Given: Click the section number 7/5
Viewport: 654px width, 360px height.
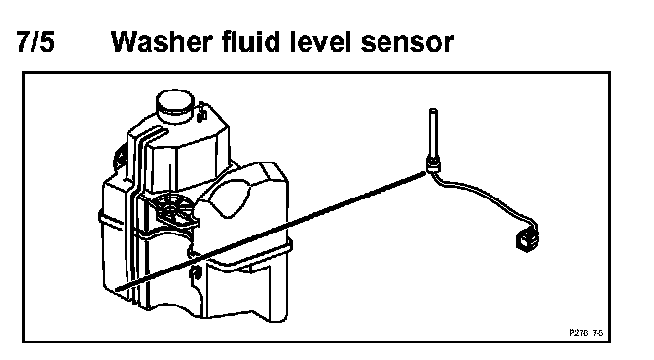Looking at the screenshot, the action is [x=35, y=41].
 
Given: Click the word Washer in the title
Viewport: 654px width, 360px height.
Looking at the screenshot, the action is [x=163, y=41].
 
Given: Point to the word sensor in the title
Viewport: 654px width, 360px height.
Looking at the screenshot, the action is [x=407, y=44].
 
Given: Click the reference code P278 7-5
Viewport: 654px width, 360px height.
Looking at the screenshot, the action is [x=586, y=333].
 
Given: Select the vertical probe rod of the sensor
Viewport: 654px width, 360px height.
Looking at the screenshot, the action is [x=433, y=134].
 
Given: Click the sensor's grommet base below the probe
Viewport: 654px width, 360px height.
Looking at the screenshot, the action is [x=433, y=165].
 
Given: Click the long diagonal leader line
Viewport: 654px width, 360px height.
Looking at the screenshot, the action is [x=271, y=231].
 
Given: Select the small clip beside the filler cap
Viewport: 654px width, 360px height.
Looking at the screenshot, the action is [x=201, y=112].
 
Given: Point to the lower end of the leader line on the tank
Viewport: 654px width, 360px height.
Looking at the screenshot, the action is [x=117, y=289].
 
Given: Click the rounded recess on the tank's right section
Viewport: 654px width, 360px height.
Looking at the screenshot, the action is [x=231, y=199].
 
